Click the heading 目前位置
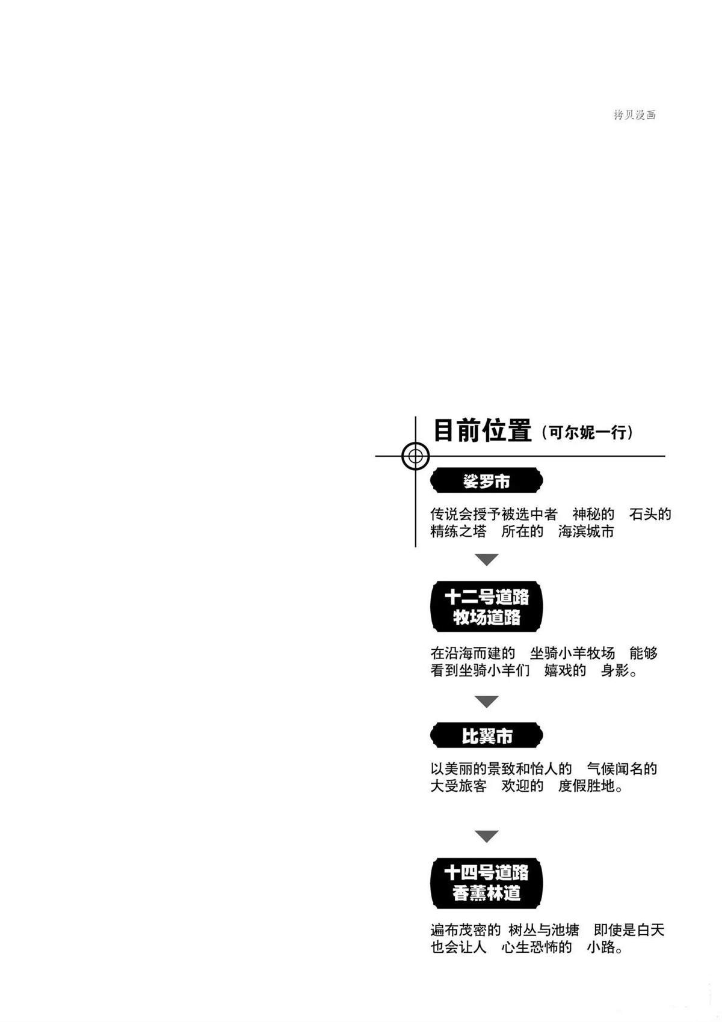tap(483, 430)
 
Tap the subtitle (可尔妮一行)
tap(587, 432)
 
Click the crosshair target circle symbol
tap(415, 456)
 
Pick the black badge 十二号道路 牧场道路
tap(486, 607)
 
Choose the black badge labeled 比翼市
tap(486, 735)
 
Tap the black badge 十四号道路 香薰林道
tap(486, 883)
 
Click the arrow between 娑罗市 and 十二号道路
tap(486, 560)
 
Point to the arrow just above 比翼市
tap(486, 702)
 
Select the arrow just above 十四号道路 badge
tap(486, 836)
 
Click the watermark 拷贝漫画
tap(634, 114)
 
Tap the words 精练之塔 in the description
tap(458, 531)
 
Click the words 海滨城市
tap(586, 531)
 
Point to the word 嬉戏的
tap(565, 671)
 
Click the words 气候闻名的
tap(622, 769)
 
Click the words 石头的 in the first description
tap(650, 515)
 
